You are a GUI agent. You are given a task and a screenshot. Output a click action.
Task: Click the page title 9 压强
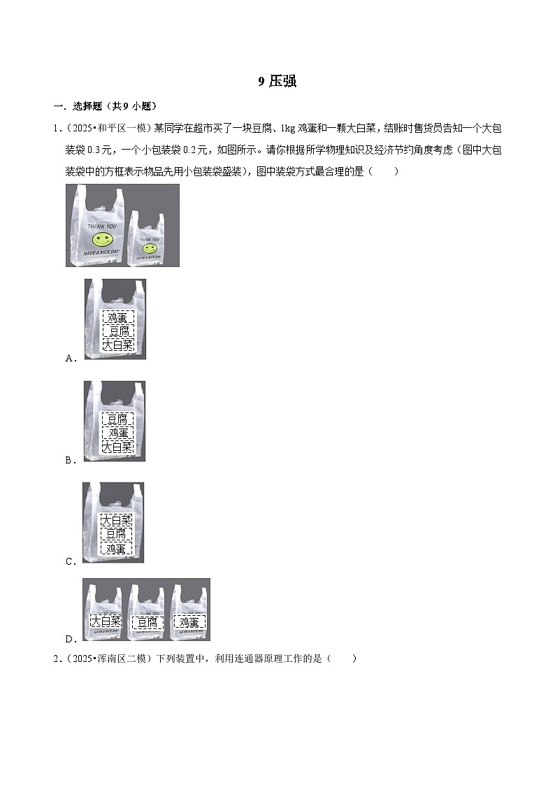tap(277, 82)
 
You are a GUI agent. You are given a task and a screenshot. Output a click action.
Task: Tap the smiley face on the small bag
tap(148, 248)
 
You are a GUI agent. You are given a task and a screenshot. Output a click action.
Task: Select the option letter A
tap(69, 358)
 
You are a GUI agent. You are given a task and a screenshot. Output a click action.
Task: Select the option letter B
tap(69, 460)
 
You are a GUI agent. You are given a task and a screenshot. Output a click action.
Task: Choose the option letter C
tap(69, 561)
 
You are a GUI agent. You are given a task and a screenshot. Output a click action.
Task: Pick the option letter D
tap(69, 639)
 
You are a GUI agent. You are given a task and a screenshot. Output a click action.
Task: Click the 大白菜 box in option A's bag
tap(117, 345)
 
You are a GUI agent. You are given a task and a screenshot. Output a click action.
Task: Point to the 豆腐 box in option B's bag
tap(117, 419)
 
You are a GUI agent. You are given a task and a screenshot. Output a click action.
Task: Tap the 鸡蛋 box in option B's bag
tap(117, 433)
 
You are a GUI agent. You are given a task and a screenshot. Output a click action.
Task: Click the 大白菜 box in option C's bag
tap(116, 521)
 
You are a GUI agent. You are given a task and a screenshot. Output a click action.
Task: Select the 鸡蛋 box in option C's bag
tap(116, 549)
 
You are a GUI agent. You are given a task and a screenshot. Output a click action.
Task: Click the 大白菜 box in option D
tap(106, 622)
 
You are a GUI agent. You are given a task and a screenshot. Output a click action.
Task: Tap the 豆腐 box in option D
tap(147, 622)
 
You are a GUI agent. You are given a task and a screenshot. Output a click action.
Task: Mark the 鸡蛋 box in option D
tap(189, 622)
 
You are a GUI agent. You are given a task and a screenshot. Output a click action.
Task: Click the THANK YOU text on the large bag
tap(103, 227)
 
